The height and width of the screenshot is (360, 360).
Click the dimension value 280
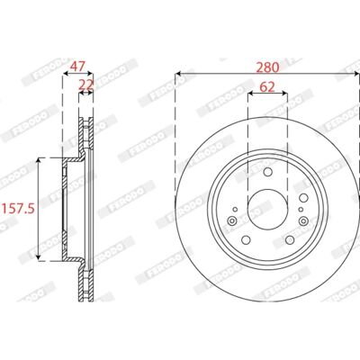coord(267,67)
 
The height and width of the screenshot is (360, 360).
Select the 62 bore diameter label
coord(267,87)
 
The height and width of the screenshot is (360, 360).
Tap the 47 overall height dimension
coord(77,66)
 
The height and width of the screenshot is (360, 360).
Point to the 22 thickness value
coord(86,85)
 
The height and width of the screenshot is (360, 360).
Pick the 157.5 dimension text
coord(19,208)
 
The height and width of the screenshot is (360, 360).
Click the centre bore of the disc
coord(267,210)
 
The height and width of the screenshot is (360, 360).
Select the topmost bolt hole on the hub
coord(267,172)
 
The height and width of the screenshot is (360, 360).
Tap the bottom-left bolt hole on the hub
coord(246,239)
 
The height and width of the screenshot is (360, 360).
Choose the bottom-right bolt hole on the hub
coord(290,239)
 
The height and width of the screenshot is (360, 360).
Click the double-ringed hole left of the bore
coord(232,221)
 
